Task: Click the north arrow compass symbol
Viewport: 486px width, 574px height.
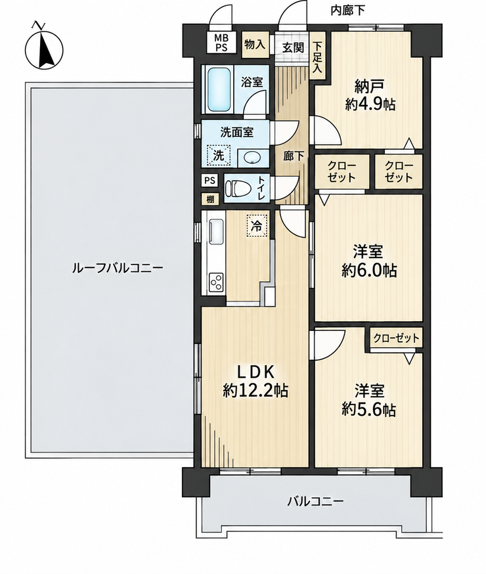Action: tap(44, 47)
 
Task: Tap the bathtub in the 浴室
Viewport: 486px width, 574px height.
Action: tap(219, 89)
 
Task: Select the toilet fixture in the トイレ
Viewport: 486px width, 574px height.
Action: tap(237, 188)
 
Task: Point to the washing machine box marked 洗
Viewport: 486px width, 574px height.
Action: tap(219, 155)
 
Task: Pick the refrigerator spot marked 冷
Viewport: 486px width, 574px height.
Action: tap(257, 226)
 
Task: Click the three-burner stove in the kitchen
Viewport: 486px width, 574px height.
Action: tap(216, 282)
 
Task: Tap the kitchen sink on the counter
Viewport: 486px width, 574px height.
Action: tap(216, 231)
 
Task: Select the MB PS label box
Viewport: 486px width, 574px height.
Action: tap(221, 43)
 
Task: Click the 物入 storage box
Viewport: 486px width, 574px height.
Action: tap(255, 44)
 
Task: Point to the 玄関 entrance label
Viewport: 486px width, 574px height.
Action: tap(293, 47)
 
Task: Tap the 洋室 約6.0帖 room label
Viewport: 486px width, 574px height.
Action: tap(369, 261)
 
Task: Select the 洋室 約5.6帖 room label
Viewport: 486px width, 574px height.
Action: tap(369, 401)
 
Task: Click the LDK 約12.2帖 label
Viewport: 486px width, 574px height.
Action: tap(256, 382)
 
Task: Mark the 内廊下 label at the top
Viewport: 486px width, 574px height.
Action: tap(347, 11)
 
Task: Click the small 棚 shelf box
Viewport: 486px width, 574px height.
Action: tap(210, 200)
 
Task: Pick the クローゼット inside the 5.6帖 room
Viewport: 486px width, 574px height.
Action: tap(396, 338)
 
